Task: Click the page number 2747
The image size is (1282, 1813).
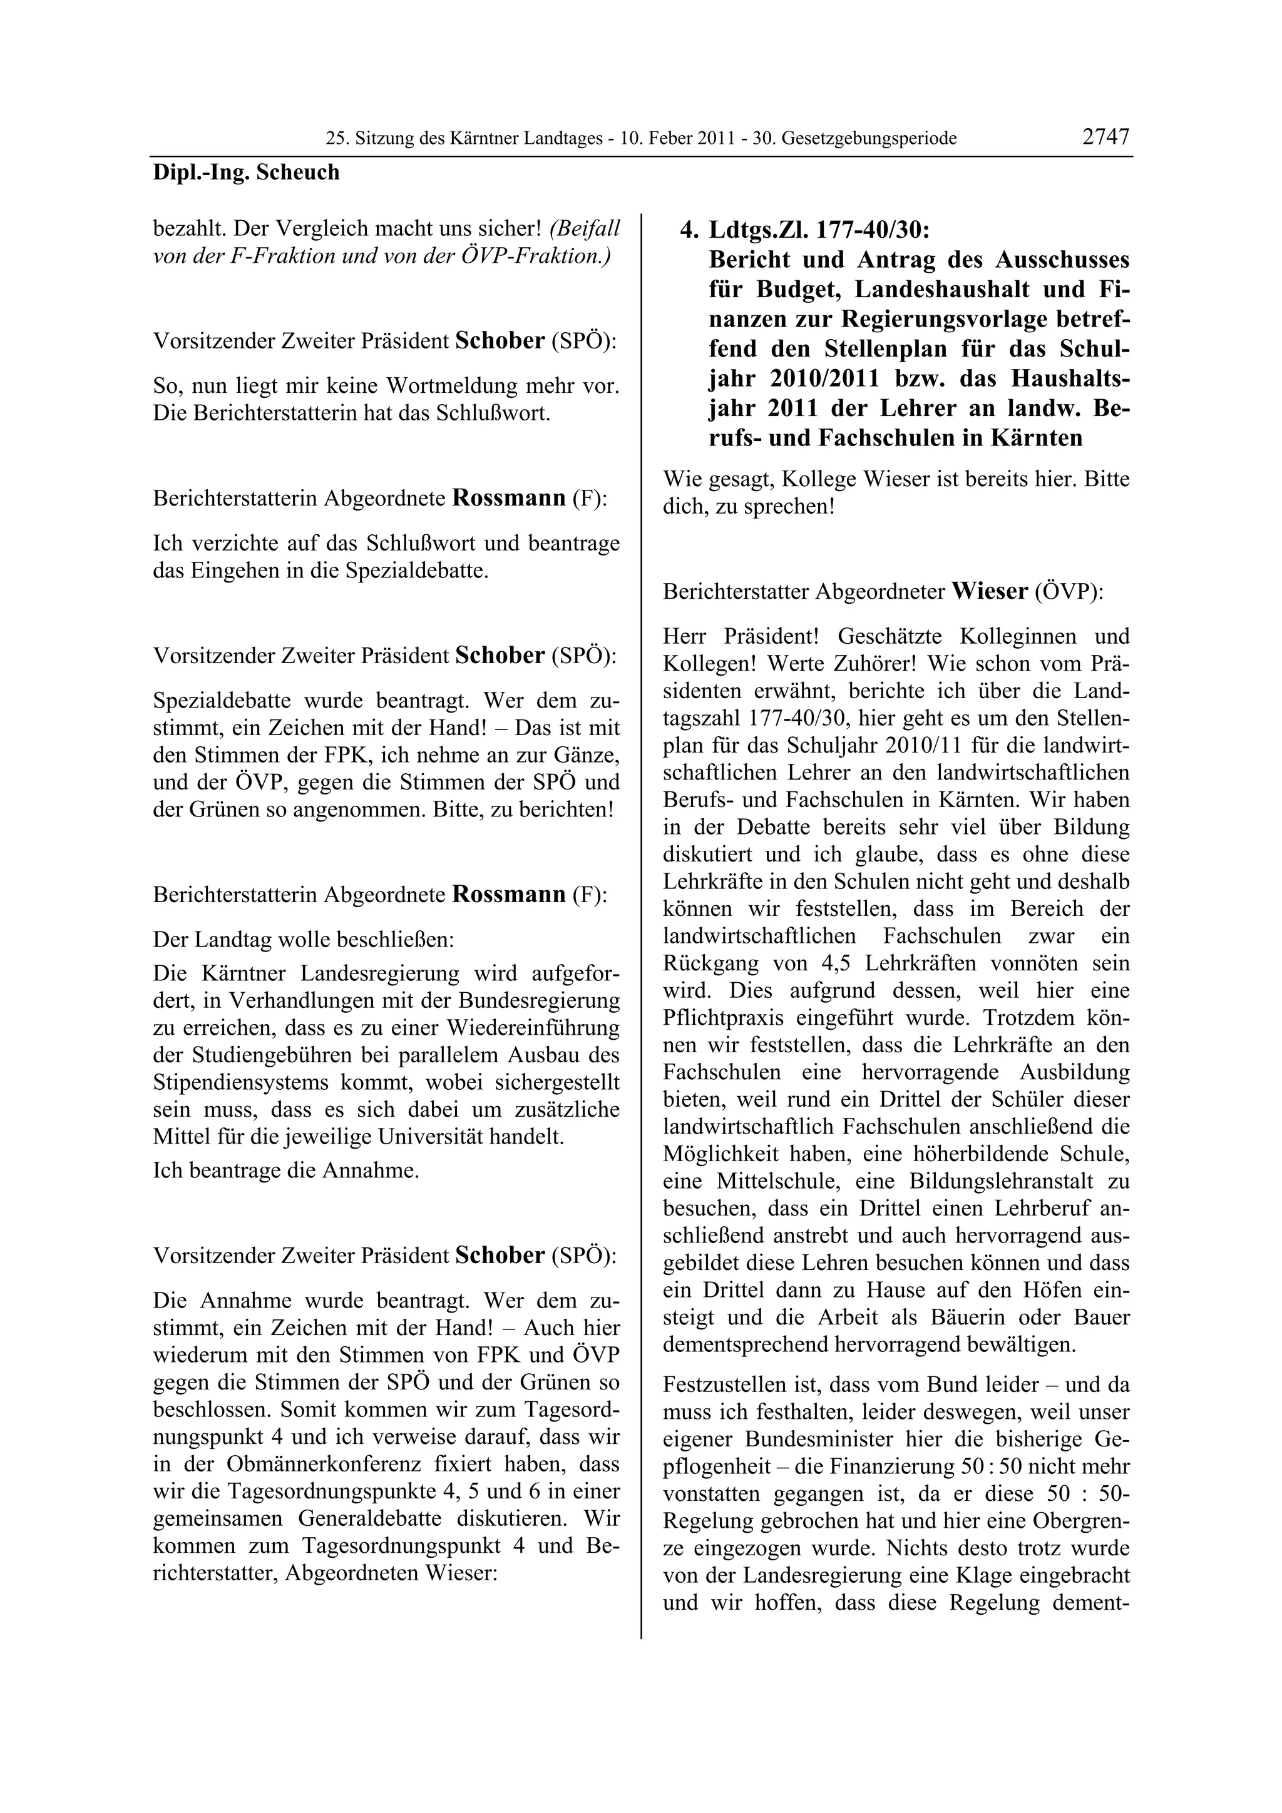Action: (x=1106, y=136)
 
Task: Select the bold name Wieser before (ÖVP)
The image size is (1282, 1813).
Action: (x=990, y=591)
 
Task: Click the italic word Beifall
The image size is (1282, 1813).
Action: (x=585, y=229)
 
